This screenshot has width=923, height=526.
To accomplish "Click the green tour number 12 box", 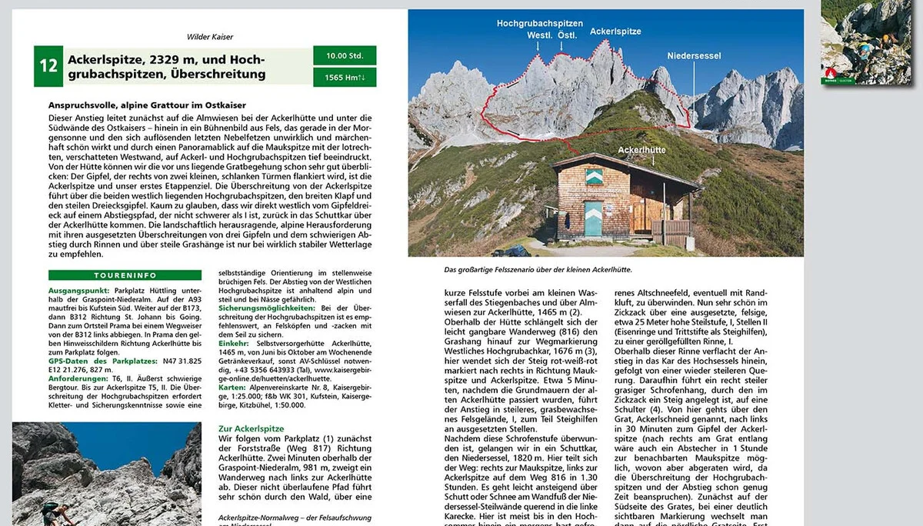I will pos(48,65).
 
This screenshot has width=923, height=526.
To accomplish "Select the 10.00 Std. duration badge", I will pos(345,55).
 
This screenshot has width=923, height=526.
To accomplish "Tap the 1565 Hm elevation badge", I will pos(345,77).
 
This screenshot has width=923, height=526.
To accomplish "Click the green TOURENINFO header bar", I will pos(125,275).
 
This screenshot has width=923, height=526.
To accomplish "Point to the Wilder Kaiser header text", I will pos(209,36).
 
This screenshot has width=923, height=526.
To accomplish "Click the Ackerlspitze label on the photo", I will pos(615,32).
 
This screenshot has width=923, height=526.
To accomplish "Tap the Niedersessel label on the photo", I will pos(693,55).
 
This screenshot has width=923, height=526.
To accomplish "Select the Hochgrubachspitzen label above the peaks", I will pos(539,25).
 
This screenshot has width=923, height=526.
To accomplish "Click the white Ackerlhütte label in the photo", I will pos(640,150).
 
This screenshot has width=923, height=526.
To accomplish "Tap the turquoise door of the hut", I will pos(593,218).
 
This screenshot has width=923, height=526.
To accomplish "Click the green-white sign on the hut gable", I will pos(594,178).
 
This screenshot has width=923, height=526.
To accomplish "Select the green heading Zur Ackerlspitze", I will pos(251,428).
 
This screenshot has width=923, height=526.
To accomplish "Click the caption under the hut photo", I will pos(538,269).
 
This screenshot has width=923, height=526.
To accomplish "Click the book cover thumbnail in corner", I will pos(865,42).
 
